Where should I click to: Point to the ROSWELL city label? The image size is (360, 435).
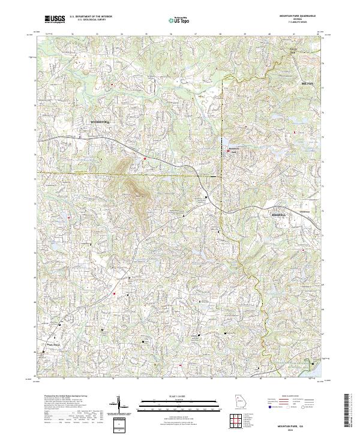point(279,214)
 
